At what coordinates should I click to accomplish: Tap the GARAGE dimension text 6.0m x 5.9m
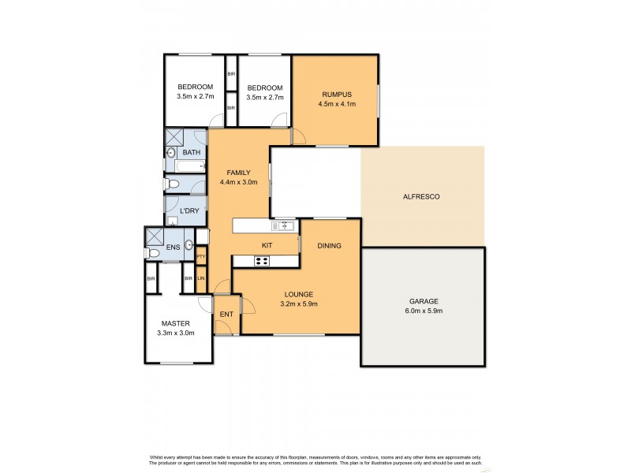(424, 311)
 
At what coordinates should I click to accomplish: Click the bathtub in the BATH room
(185, 166)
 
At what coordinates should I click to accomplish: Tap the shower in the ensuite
(154, 236)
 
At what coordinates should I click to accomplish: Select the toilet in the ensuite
(152, 253)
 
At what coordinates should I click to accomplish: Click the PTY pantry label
(201, 256)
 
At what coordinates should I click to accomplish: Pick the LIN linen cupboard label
(201, 277)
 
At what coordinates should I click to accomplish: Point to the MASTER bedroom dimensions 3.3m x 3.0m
(177, 333)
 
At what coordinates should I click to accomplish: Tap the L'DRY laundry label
(189, 211)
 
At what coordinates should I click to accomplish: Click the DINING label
(329, 246)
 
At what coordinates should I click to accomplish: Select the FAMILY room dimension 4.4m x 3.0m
(239, 183)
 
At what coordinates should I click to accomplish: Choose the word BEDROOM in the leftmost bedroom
(194, 87)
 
